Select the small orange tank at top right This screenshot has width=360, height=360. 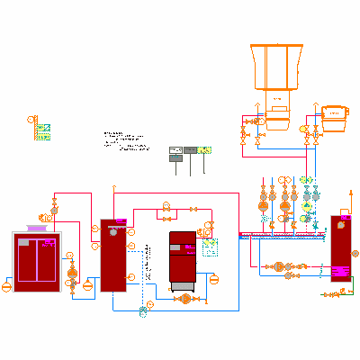coord(334,114)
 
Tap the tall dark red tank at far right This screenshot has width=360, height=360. coord(341,248)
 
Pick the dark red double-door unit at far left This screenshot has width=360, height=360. coord(36,259)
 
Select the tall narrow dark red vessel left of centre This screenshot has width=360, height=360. coord(112,255)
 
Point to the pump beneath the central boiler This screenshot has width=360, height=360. coord(184,298)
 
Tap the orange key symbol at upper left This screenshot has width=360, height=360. coord(31,119)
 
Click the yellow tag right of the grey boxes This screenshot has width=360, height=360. coord(205,149)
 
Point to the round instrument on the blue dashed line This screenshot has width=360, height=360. coord(143,310)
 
